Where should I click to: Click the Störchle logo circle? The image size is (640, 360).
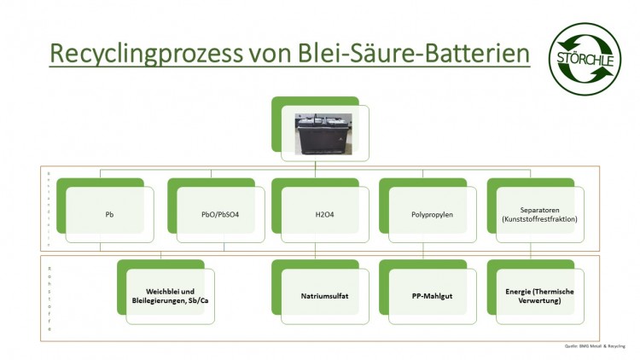click(x=585, y=58)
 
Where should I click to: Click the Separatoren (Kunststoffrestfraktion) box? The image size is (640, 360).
click(x=536, y=213)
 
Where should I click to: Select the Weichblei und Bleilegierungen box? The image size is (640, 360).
click(x=170, y=296)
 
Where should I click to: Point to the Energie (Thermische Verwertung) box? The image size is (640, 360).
click(x=536, y=296)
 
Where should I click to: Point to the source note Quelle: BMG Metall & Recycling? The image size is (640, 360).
click(x=594, y=346)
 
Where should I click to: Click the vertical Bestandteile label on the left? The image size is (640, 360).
click(x=49, y=208)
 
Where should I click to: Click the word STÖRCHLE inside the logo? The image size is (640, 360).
click(x=585, y=58)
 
